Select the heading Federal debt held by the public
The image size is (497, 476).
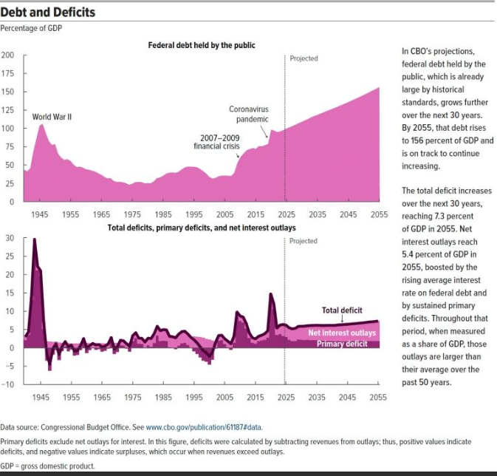(x=202, y=46)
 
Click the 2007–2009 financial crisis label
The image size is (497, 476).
(x=219, y=142)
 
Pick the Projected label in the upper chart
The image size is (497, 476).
(x=304, y=58)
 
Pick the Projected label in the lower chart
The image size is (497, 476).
(x=304, y=241)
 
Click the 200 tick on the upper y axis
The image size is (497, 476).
(x=8, y=56)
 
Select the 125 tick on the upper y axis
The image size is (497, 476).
(x=8, y=110)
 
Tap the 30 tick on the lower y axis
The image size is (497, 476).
(x=10, y=238)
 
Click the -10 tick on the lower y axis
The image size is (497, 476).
(x=8, y=383)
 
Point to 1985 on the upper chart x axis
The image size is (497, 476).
(x=163, y=214)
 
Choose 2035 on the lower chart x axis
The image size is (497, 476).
(x=318, y=398)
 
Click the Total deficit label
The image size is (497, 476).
(x=341, y=310)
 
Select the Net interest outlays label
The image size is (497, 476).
(x=341, y=333)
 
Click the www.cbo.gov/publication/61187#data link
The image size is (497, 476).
(x=203, y=427)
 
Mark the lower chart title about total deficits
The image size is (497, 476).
(x=202, y=228)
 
